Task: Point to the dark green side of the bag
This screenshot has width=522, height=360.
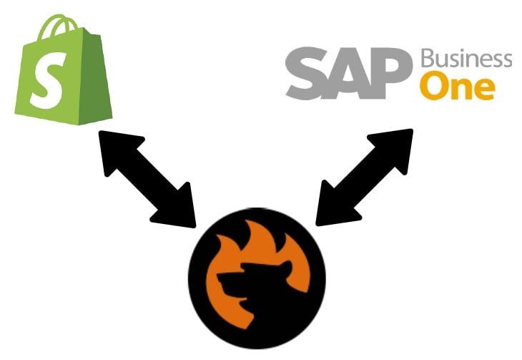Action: tap(95, 78)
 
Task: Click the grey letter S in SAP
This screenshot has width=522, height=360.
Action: tap(307, 73)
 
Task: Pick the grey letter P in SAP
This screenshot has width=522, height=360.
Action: tap(394, 73)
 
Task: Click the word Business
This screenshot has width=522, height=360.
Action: tap(466, 59)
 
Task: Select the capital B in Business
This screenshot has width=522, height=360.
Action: tap(428, 59)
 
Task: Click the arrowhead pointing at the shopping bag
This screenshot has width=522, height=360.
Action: tap(117, 150)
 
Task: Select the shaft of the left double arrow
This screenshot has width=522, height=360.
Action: tap(147, 180)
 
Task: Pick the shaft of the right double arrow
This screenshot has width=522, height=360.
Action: tap(365, 177)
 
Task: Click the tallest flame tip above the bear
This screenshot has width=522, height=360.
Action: tap(248, 223)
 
